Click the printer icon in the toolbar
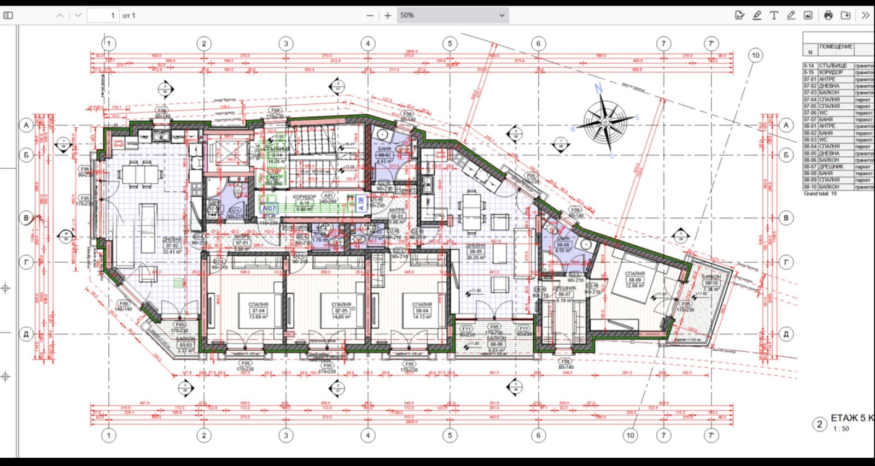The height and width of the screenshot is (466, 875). coord(828,15)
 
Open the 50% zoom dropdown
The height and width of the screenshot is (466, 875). coord(452,15)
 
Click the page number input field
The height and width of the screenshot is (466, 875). coord(103,15)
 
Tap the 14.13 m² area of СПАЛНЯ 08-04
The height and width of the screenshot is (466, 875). coord(422,317)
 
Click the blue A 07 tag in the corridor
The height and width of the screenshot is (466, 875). coord(269,208)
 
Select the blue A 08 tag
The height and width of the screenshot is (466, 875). coord(361,204)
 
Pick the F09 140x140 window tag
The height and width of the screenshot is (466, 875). coord(124,306)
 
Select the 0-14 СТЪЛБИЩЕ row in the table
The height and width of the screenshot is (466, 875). coord(837,66)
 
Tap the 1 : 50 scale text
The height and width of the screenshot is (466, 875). coord(841,429)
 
